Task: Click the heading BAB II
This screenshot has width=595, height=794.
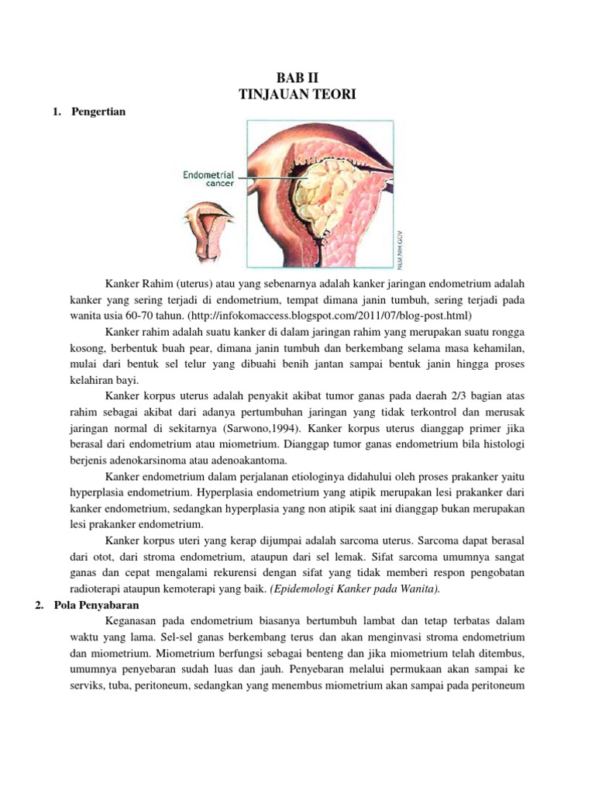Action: point(297,78)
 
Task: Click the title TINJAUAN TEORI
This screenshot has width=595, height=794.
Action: point(297,94)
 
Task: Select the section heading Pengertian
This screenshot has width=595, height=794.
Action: point(98,112)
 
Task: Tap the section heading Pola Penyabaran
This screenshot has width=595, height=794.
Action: point(97,605)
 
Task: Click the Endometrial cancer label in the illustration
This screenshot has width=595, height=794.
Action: point(209,180)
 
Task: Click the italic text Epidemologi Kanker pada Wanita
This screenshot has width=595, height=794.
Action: point(355,589)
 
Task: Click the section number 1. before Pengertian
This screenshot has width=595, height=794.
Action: point(56,112)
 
